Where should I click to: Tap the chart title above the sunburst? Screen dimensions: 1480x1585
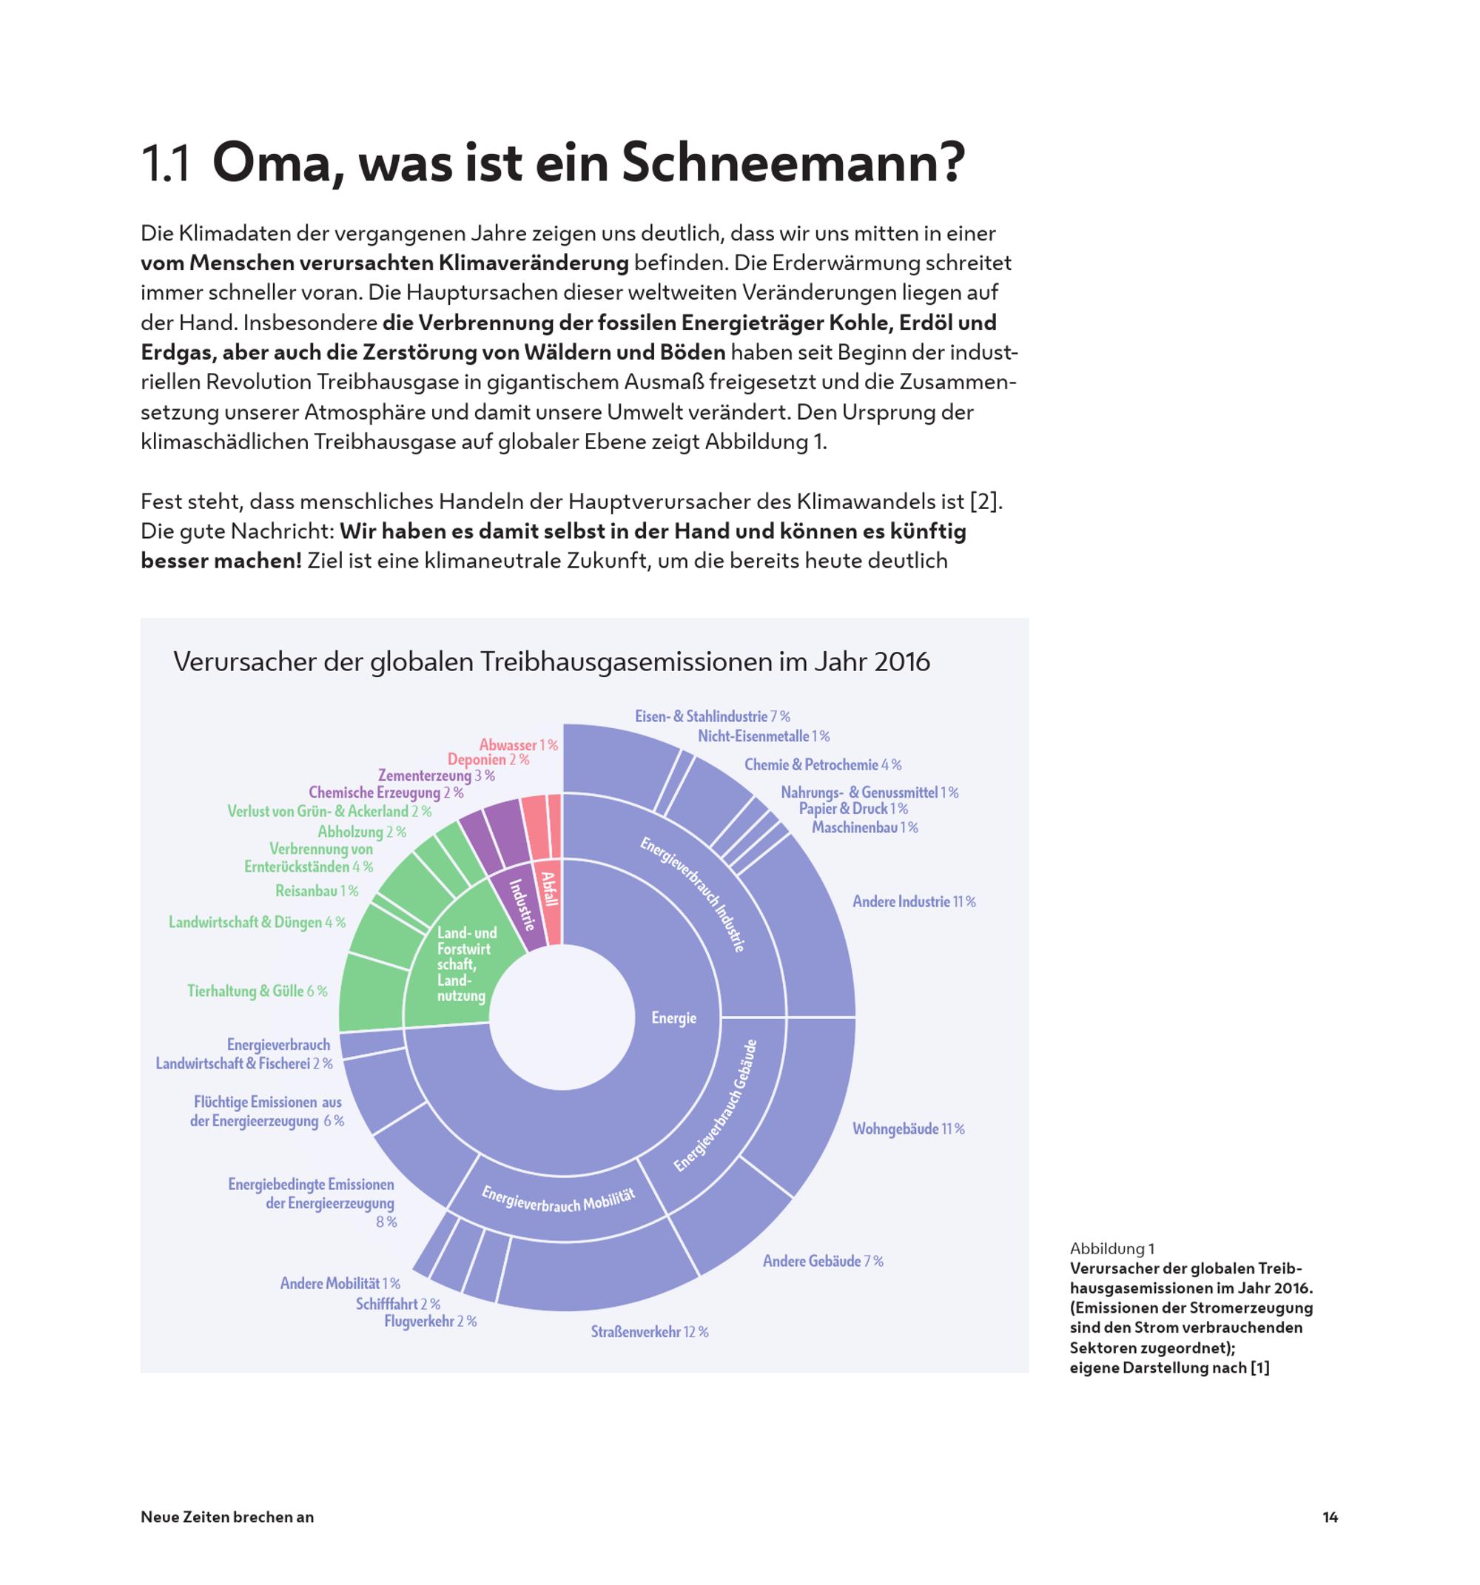tap(551, 662)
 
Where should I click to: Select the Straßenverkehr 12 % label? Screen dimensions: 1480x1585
tap(649, 1331)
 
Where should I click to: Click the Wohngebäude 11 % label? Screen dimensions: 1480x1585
tap(908, 1129)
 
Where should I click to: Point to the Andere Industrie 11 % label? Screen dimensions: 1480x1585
tap(914, 902)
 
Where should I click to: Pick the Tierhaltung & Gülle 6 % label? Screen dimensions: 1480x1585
tap(257, 991)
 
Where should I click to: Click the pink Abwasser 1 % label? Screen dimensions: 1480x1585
tap(518, 745)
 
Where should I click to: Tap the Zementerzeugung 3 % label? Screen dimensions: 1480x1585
tap(436, 775)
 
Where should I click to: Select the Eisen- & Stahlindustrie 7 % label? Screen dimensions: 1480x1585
tap(712, 717)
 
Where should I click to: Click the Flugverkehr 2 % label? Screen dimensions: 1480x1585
tap(430, 1321)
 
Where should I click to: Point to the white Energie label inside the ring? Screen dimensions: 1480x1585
tap(674, 1018)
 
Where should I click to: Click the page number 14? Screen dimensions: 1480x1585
tap(1330, 1516)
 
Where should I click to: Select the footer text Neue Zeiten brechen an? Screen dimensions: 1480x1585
tap(227, 1516)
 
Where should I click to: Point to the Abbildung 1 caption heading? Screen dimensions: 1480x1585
tap(1112, 1248)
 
